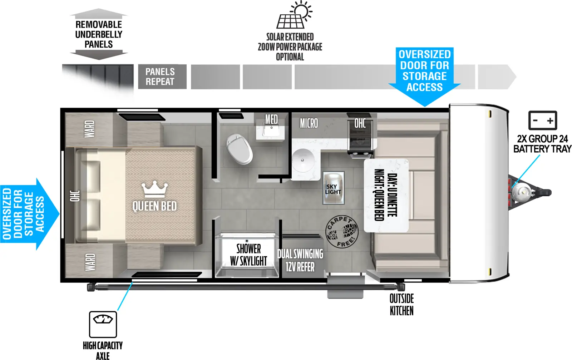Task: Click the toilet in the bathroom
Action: click(239, 149)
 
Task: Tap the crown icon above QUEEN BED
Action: click(154, 189)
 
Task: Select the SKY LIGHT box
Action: click(333, 188)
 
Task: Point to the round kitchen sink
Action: click(303, 161)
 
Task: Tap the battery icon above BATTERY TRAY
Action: click(542, 120)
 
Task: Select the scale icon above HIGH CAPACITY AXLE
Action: click(103, 324)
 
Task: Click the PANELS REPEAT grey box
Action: click(162, 77)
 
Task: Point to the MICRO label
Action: click(309, 123)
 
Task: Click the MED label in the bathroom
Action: click(271, 119)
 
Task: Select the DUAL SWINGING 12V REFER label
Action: click(300, 260)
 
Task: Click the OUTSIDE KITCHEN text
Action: click(401, 305)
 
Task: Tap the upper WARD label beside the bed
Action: click(89, 129)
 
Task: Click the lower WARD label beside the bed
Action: click(90, 262)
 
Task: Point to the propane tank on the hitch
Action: click(520, 192)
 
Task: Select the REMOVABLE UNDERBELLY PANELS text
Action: click(99, 34)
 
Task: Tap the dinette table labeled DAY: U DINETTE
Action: click(386, 195)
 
